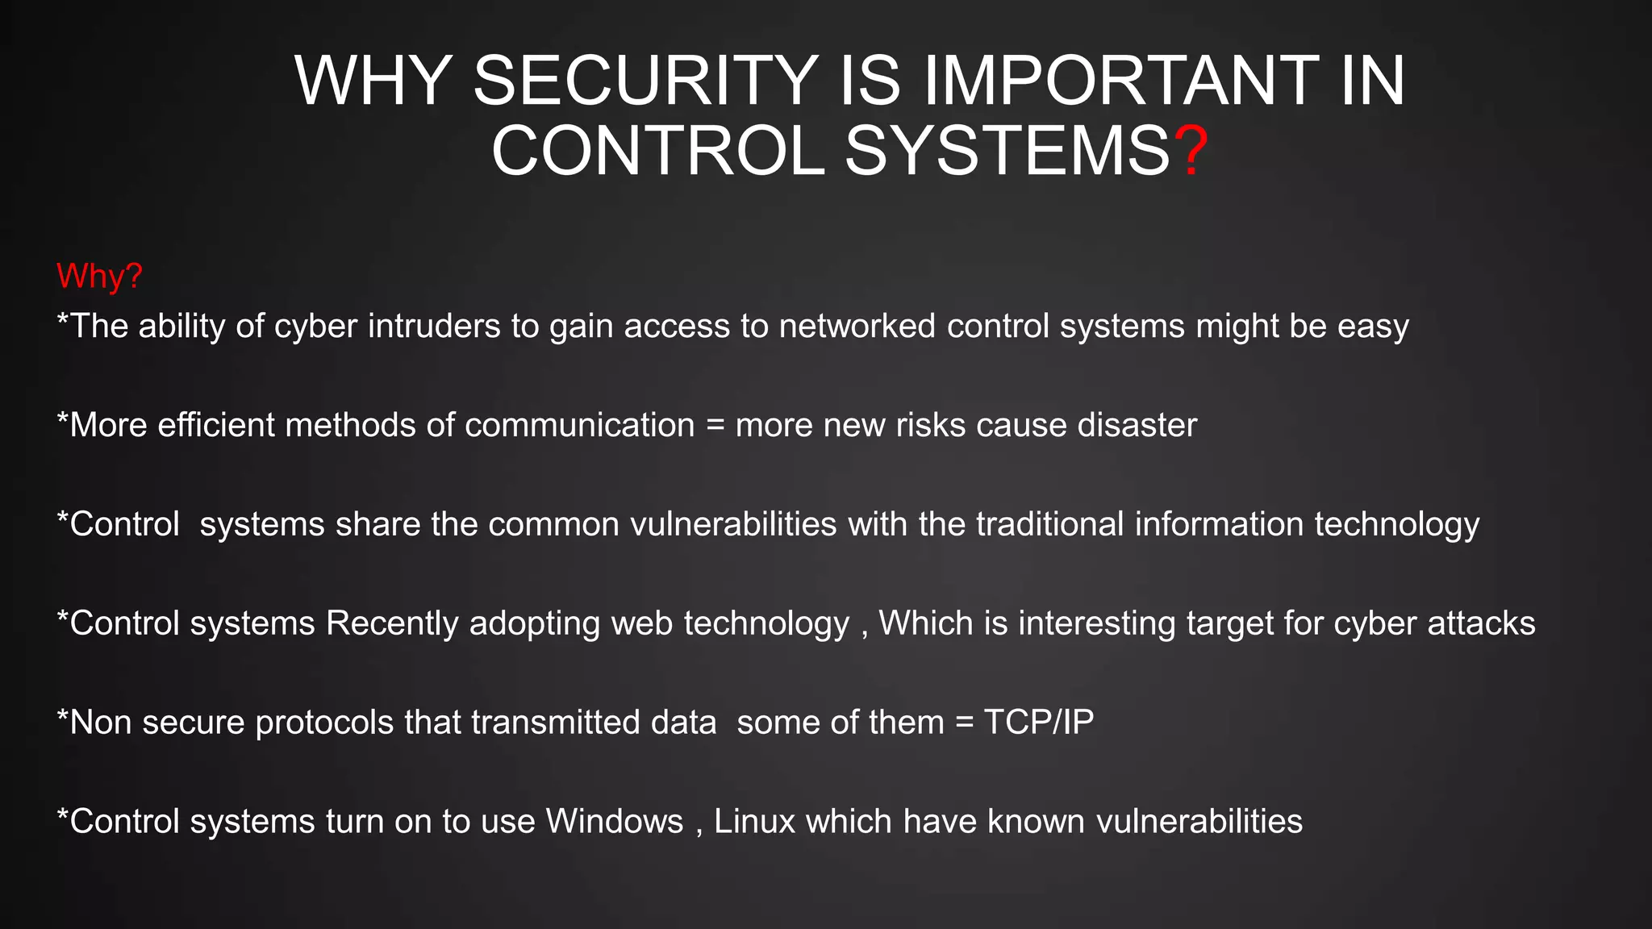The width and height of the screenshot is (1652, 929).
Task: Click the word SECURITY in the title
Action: coord(646,81)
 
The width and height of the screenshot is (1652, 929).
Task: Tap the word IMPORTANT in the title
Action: coord(1121,81)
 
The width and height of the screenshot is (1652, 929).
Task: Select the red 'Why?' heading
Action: coord(99,276)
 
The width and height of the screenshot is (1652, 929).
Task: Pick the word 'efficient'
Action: coord(216,425)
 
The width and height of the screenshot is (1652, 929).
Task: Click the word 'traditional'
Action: coord(1049,524)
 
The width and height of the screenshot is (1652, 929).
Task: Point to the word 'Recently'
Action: coord(392,624)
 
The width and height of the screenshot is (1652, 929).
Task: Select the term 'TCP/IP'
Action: coord(1039,723)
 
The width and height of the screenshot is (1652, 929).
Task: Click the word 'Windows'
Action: coord(615,822)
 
